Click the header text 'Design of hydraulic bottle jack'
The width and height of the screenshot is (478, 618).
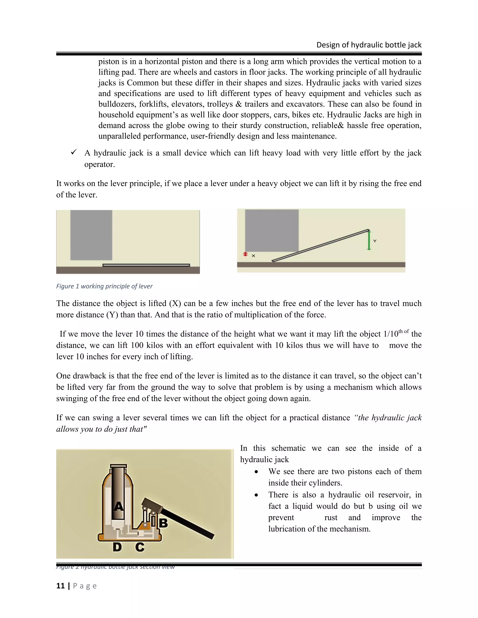(x=369, y=45)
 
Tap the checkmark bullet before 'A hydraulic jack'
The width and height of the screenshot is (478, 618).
(x=74, y=152)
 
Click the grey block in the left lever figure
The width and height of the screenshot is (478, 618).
(x=91, y=235)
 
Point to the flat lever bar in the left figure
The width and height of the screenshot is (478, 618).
(x=146, y=265)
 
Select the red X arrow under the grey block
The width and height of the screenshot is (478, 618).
(x=246, y=254)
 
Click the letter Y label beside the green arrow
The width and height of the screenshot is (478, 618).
(x=375, y=241)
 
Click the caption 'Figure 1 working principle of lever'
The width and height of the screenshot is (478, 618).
(x=104, y=286)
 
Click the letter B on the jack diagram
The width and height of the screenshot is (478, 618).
(x=163, y=523)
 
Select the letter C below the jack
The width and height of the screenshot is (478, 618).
(x=140, y=547)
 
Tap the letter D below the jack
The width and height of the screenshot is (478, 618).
(x=117, y=547)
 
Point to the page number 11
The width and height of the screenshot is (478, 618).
(x=60, y=586)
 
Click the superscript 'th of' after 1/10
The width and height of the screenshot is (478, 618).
(x=404, y=332)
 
